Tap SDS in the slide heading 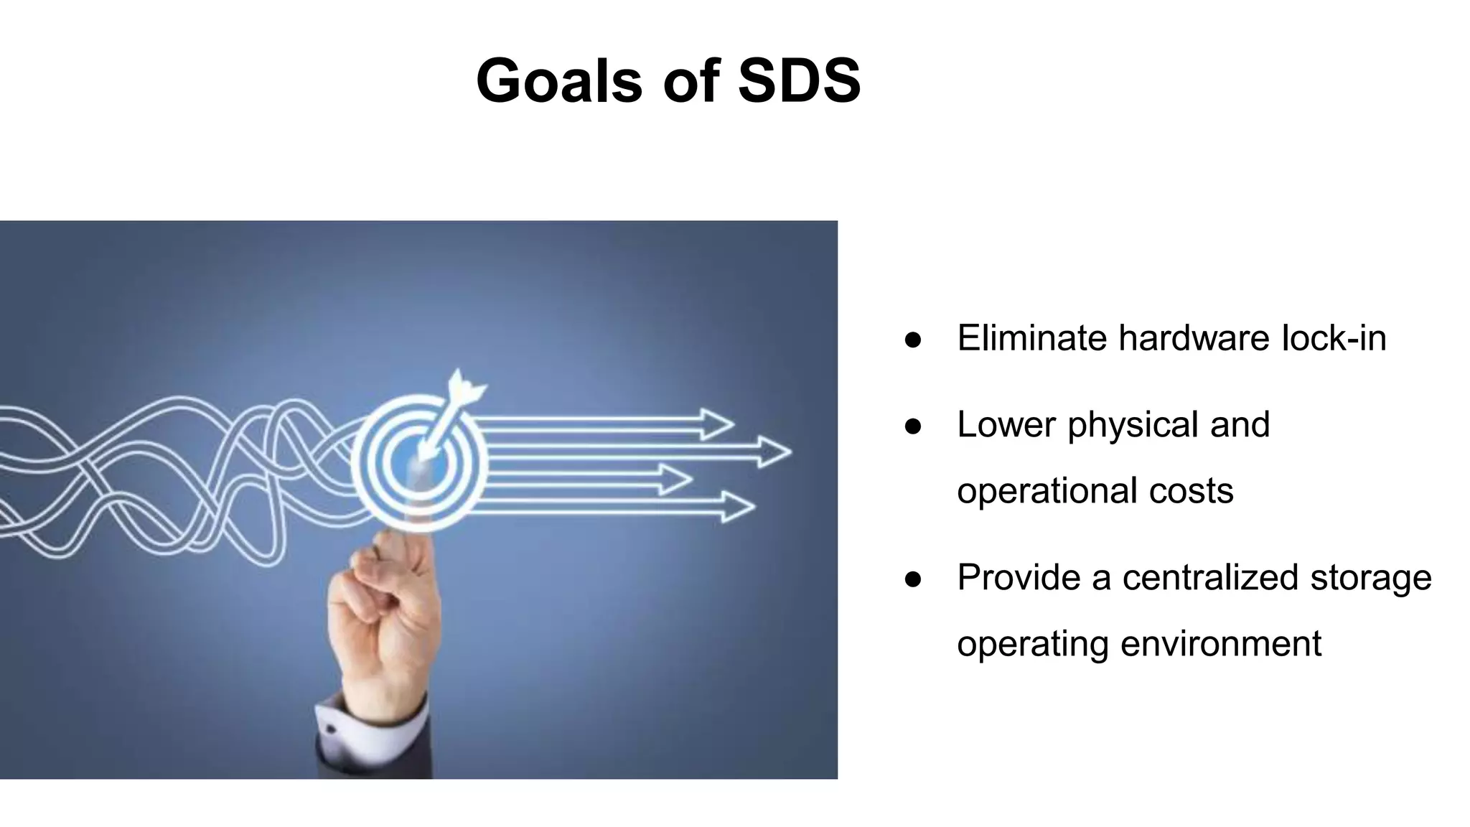[799, 80]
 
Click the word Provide [1019, 578]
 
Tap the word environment [1220, 644]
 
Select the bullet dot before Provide [913, 579]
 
